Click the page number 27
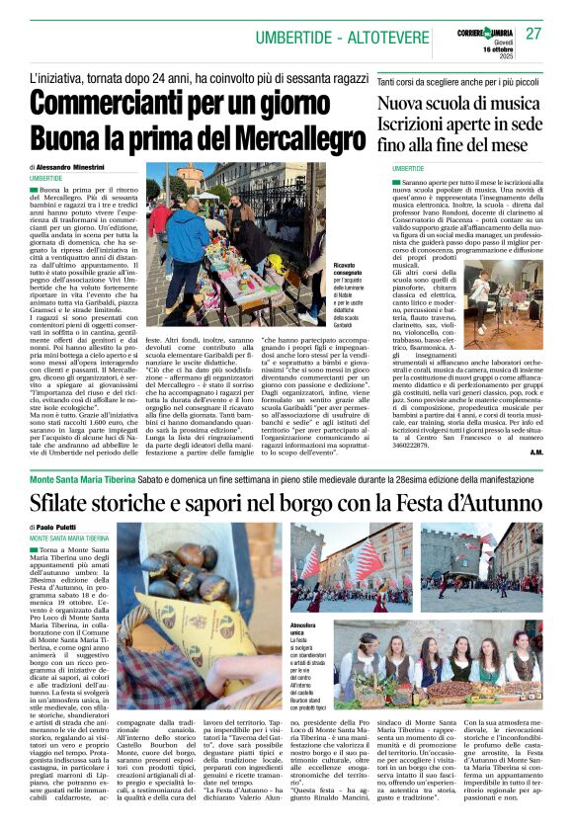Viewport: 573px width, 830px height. coord(533,34)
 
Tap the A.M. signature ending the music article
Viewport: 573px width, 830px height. coord(534,453)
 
